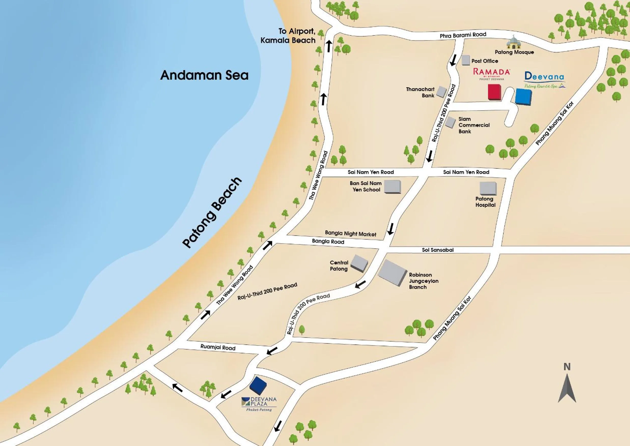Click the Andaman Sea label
(x=204, y=75)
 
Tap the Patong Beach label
(x=212, y=213)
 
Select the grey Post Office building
(x=466, y=60)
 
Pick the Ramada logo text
(x=492, y=72)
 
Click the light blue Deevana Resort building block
(x=523, y=96)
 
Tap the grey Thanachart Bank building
(x=441, y=92)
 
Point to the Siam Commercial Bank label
(x=474, y=125)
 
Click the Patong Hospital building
(x=488, y=188)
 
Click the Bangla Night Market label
(x=351, y=234)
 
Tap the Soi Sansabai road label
(x=438, y=250)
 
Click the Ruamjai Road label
(x=218, y=347)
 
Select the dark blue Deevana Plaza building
(x=258, y=385)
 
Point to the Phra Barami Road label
(x=463, y=35)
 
